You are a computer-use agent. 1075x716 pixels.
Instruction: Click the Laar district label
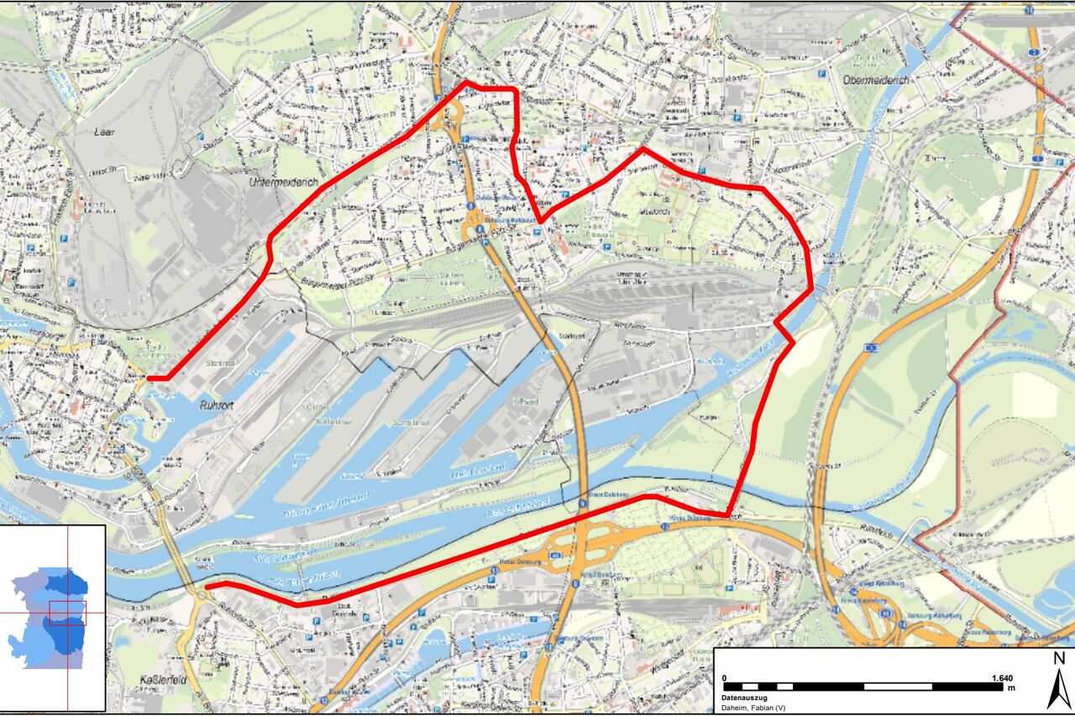pyautogui.click(x=105, y=132)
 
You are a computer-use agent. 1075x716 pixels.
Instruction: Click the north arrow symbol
pyautogui.click(x=1059, y=688)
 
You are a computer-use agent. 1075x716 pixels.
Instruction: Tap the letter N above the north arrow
pyautogui.click(x=1059, y=658)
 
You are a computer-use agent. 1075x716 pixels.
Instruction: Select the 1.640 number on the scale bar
pyautogui.click(x=1002, y=677)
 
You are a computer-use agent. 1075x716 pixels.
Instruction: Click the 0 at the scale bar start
pyautogui.click(x=725, y=677)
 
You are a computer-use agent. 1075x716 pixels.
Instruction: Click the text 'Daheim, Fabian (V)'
pyautogui.click(x=753, y=708)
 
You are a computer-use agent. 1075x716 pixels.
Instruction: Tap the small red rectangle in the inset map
pyautogui.click(x=67, y=613)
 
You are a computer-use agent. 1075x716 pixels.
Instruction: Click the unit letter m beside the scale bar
pyautogui.click(x=1012, y=687)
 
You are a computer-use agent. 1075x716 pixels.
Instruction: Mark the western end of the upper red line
pyautogui.click(x=149, y=379)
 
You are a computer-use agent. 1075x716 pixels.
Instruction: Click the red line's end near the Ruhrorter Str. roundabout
pyautogui.click(x=208, y=586)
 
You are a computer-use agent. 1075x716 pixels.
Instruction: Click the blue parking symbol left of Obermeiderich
pyautogui.click(x=820, y=73)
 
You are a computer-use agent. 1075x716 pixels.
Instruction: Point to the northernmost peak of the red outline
pyautogui.click(x=467, y=83)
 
